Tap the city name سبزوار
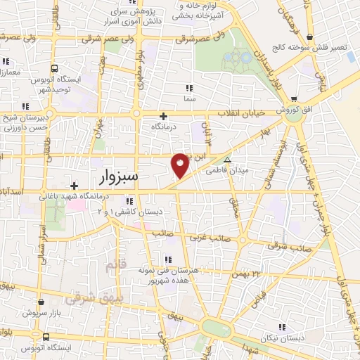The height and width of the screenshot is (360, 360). click(x=114, y=176)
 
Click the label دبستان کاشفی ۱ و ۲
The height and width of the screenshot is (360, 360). click(x=141, y=211)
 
